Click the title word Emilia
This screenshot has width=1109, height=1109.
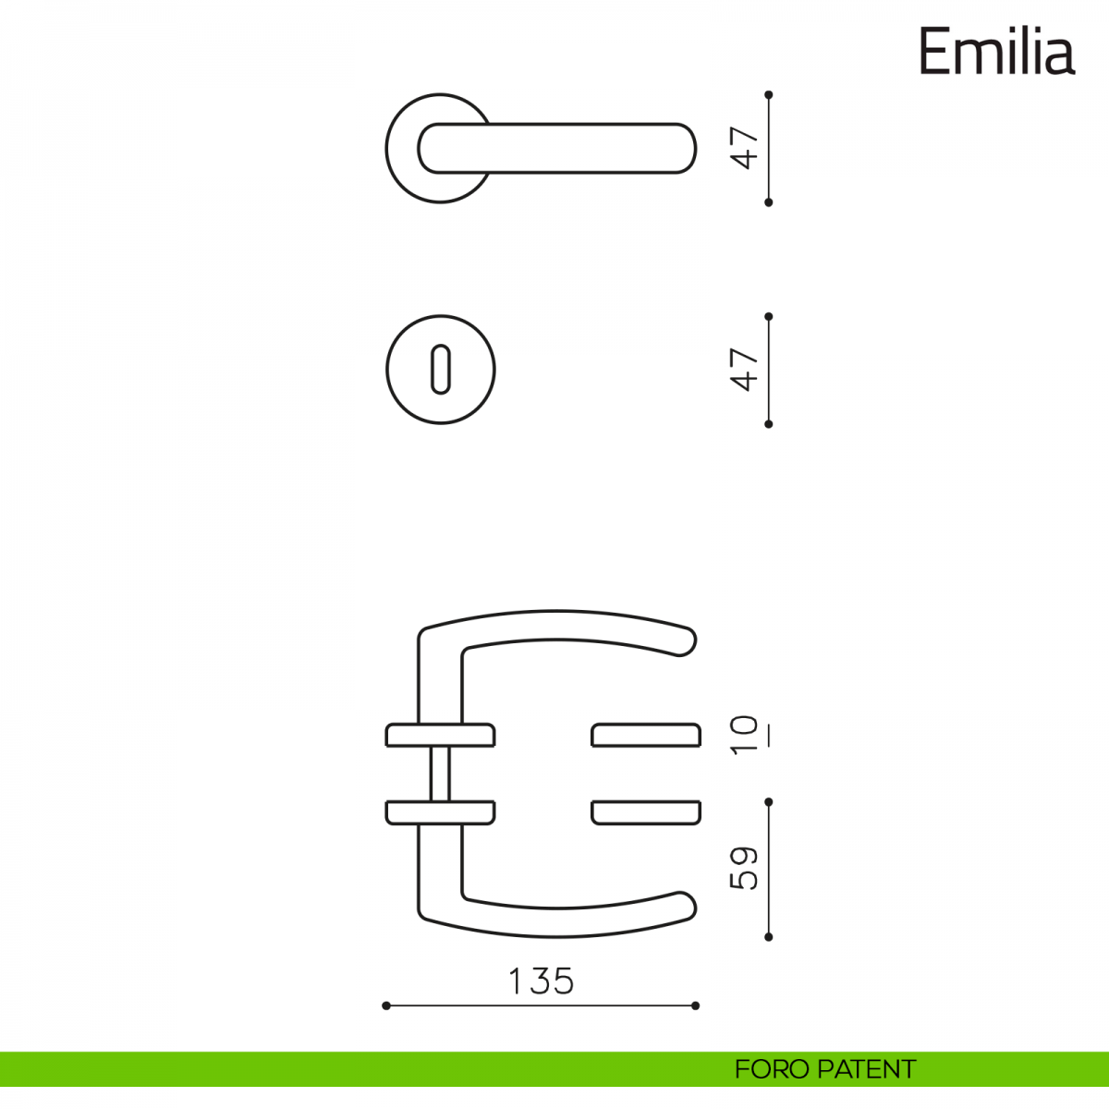pyautogui.click(x=997, y=51)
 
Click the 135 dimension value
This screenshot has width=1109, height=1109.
pyautogui.click(x=541, y=981)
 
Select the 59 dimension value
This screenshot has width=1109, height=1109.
pyautogui.click(x=745, y=868)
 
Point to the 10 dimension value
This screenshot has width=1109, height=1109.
pyautogui.click(x=745, y=735)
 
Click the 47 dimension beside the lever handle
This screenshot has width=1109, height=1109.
pyautogui.click(x=745, y=148)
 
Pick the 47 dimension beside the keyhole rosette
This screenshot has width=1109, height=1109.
pyautogui.click(x=745, y=370)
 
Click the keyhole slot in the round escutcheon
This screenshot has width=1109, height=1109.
pyautogui.click(x=440, y=370)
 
